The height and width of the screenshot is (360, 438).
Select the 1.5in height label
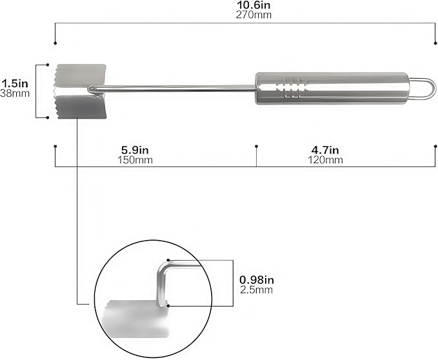pyautogui.click(x=15, y=83)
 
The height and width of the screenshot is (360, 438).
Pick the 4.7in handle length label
pyautogui.click(x=325, y=150)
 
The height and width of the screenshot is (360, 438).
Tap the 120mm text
pyautogui.click(x=325, y=160)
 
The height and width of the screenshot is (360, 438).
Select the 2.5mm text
pyautogui.click(x=257, y=290)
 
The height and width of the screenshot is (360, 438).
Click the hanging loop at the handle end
pyautogui.click(x=423, y=88)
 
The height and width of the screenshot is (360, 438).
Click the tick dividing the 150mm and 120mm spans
pyautogui.click(x=256, y=147)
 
